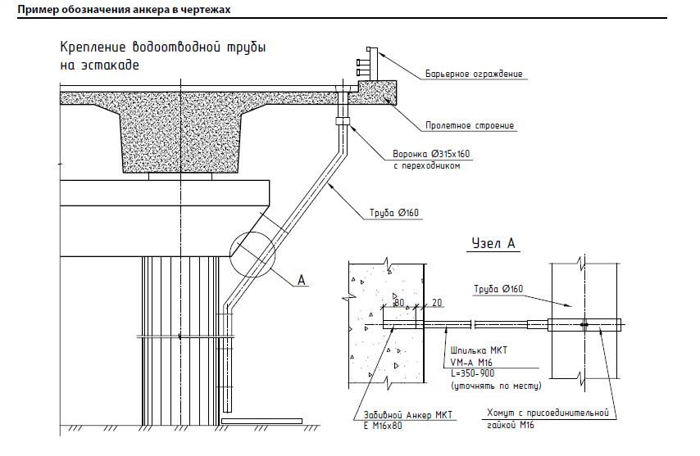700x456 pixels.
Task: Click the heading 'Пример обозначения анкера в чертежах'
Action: [124, 9]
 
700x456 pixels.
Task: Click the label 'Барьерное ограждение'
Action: [474, 74]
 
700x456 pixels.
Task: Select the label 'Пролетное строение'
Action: [470, 126]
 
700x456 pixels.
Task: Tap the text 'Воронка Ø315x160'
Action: [431, 154]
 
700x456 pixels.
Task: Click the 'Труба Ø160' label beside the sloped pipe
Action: [394, 213]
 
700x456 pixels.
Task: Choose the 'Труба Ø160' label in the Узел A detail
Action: [498, 289]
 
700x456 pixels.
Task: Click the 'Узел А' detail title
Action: [493, 243]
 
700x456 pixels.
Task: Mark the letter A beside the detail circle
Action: [302, 280]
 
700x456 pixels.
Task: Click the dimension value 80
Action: [398, 303]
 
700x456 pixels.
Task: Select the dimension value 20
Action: [437, 303]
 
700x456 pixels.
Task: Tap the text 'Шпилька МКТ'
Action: [479, 350]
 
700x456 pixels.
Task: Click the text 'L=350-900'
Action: [473, 373]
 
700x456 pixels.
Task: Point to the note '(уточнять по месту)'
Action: [496, 386]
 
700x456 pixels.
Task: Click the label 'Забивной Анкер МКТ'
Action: [408, 415]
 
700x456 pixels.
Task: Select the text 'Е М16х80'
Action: [383, 426]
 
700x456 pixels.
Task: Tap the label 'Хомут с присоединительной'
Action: [548, 413]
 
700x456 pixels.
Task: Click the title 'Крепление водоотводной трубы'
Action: [163, 47]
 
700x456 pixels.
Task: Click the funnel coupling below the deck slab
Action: [343, 121]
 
